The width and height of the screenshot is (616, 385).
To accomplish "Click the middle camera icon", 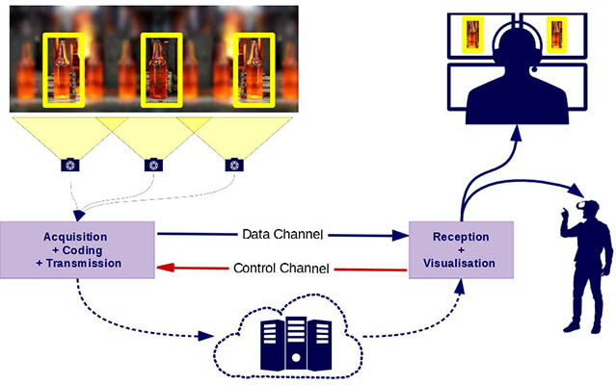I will pyautogui.click(x=152, y=165).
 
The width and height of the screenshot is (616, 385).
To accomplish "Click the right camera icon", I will pyautogui.click(x=232, y=165).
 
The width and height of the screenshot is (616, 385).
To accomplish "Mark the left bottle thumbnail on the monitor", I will pyautogui.click(x=472, y=36).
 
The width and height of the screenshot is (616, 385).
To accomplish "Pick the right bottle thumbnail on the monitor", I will pyautogui.click(x=556, y=36).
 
